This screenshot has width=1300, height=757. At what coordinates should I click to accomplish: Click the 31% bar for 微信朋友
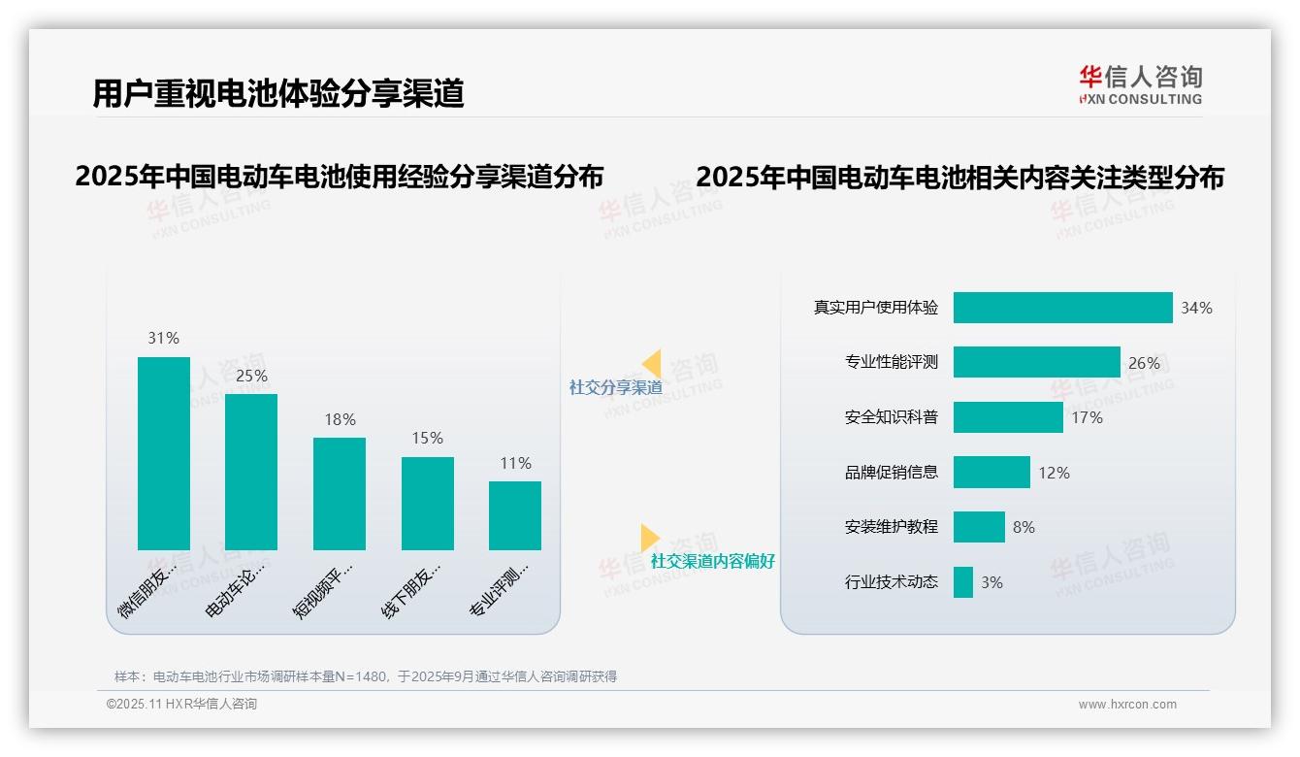coord(164,453)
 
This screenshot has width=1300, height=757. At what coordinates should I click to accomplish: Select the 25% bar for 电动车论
coord(251,472)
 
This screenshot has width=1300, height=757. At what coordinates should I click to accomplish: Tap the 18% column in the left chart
coord(340,493)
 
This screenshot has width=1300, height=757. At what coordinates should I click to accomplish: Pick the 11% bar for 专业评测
coord(515,515)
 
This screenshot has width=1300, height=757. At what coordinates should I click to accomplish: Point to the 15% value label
coord(427,439)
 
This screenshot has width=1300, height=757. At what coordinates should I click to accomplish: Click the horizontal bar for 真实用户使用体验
coord(1062,308)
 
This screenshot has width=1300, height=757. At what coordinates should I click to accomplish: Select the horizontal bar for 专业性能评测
coord(1036,362)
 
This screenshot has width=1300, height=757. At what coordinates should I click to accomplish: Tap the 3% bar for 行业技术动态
coord(962,582)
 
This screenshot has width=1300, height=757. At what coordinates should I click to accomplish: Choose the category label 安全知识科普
coord(892,417)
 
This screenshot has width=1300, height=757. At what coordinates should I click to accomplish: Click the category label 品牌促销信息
coord(892,473)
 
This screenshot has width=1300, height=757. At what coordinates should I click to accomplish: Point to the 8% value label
coord(1024,527)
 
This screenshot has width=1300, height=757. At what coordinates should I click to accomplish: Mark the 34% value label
coord(1196,308)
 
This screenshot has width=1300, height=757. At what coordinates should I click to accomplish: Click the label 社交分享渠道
coord(615,387)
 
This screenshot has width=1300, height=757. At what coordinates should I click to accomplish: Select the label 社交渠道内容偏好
coord(712,561)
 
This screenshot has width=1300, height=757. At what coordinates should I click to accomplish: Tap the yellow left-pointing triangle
coord(652,363)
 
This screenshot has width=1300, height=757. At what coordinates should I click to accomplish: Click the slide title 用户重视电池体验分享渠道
coord(278,93)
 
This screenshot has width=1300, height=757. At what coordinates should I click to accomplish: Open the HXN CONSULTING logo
coord(1140,85)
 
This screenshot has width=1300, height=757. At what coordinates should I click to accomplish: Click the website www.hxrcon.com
coord(1127,705)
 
